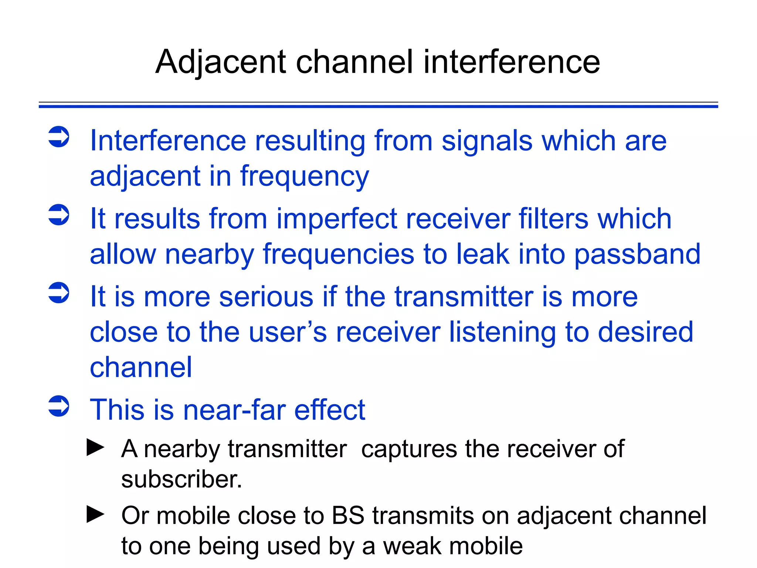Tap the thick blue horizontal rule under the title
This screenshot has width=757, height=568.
(378, 106)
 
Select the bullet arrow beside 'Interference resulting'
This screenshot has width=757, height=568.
(59, 137)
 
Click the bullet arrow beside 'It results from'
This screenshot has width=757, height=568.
(59, 214)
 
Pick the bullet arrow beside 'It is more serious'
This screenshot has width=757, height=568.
(59, 293)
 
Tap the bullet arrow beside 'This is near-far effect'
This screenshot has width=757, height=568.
(59, 406)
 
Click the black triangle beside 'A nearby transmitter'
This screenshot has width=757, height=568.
(95, 447)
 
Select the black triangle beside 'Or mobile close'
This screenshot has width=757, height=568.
(95, 514)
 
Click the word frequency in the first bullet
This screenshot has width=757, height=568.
(305, 177)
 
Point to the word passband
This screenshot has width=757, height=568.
(637, 254)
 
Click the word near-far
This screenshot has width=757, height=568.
(234, 410)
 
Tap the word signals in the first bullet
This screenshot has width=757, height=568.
(487, 141)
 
